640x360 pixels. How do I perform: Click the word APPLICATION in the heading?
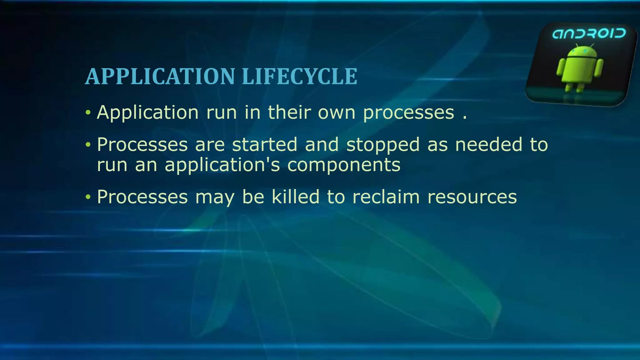click(x=160, y=77)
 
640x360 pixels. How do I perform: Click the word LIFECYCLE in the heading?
click(x=299, y=77)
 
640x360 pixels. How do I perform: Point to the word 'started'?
click(x=265, y=145)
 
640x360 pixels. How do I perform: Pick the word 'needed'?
click(x=488, y=145)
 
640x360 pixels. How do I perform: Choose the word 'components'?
click(x=344, y=166)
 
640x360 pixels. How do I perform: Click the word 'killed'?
click(x=295, y=197)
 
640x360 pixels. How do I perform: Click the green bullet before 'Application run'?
click(x=88, y=112)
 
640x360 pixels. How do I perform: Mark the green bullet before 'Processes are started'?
click(x=88, y=145)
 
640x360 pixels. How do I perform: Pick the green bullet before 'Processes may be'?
click(x=88, y=197)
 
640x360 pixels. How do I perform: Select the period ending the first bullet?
click(x=465, y=118)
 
